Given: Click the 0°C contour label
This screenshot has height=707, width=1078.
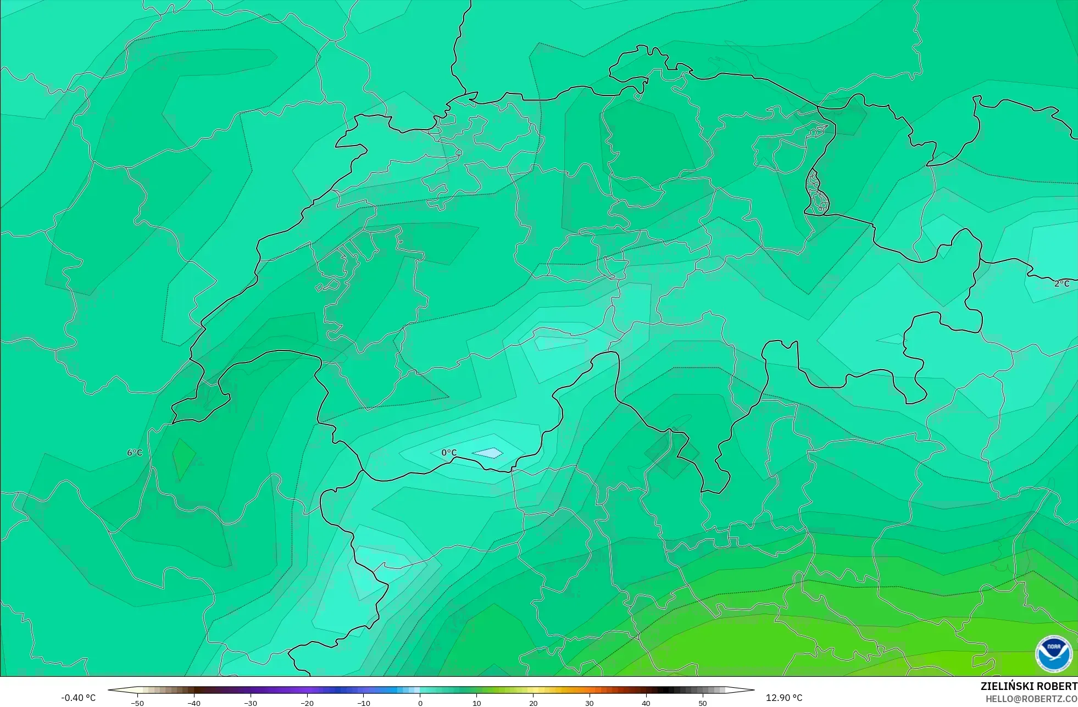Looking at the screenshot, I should (449, 453).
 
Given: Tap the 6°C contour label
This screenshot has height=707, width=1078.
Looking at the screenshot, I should (135, 453).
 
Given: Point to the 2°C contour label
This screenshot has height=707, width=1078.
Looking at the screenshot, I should (1062, 283).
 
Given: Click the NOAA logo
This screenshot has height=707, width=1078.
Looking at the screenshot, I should (1053, 654).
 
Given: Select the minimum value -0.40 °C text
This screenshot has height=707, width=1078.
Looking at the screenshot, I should (78, 698).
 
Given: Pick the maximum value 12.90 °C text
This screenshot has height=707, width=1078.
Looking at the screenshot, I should (784, 698).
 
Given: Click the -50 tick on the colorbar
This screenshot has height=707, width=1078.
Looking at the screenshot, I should (137, 703).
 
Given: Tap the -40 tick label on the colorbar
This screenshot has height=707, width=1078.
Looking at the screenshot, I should (194, 703).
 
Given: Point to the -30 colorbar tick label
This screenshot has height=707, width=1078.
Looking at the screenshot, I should (251, 703).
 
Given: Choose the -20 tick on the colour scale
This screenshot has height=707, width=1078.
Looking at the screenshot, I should (307, 703).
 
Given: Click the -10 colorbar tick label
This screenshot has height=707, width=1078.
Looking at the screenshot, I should (364, 703).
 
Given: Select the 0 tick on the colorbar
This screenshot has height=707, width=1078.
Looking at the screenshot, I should (420, 703).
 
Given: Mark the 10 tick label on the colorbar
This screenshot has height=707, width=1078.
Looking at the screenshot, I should (476, 703).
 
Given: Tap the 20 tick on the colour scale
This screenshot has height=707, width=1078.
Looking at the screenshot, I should (533, 703).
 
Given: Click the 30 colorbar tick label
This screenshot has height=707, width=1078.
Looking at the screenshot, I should (590, 703).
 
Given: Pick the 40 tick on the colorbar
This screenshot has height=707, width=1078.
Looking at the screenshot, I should (646, 703).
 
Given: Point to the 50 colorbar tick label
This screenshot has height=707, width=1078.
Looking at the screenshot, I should (703, 703).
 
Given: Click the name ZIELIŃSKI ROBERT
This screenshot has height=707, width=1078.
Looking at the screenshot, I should (1029, 686).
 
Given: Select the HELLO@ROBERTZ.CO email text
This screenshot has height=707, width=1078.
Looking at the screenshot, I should (1031, 699).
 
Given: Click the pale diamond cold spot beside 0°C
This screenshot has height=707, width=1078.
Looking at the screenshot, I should (488, 453).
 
